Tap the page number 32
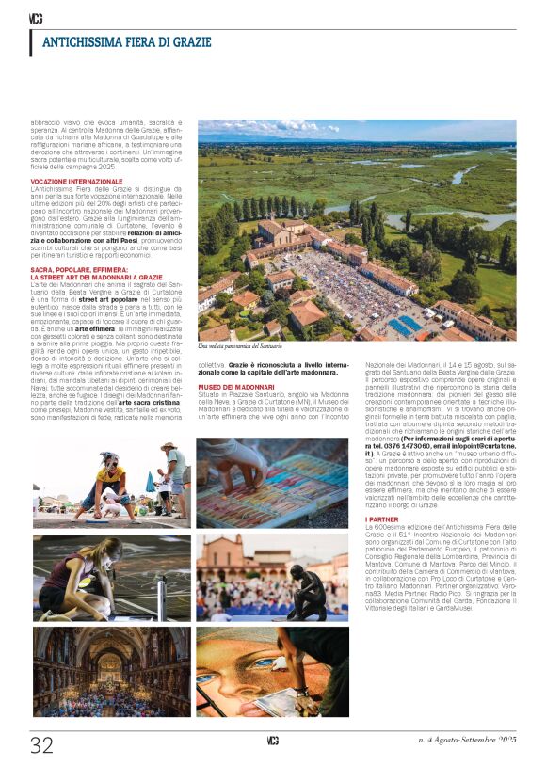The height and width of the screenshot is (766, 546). click(x=41, y=745)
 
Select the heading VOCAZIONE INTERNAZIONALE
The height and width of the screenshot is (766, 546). click(x=76, y=179)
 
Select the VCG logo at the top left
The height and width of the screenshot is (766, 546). click(x=36, y=17)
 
